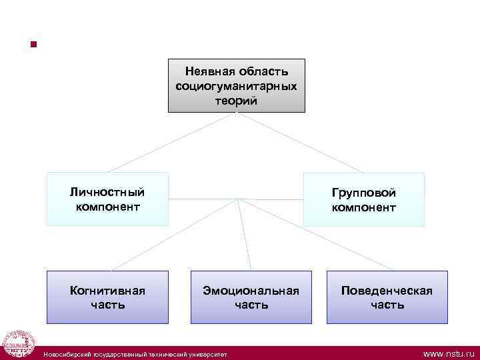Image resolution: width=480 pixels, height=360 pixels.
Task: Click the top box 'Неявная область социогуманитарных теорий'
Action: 237,85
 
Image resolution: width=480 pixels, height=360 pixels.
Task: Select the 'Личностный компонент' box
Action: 107,199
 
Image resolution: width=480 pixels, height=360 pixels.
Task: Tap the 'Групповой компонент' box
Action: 364,199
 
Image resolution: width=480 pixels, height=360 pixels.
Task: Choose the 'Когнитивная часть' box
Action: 107,297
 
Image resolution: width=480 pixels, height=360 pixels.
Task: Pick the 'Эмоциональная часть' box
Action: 251,297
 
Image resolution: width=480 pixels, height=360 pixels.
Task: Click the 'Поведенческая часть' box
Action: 387,297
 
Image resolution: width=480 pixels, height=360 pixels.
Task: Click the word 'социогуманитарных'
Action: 237,86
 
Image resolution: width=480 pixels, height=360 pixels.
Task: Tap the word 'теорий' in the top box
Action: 237,101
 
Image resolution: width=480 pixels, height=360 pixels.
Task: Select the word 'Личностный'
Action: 107,192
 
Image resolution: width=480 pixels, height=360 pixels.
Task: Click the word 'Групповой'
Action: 364,192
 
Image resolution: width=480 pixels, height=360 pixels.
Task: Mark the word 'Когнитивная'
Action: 107,290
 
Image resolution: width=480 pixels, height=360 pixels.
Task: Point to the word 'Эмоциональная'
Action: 251,290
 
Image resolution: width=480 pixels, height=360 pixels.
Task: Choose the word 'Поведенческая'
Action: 387,290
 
